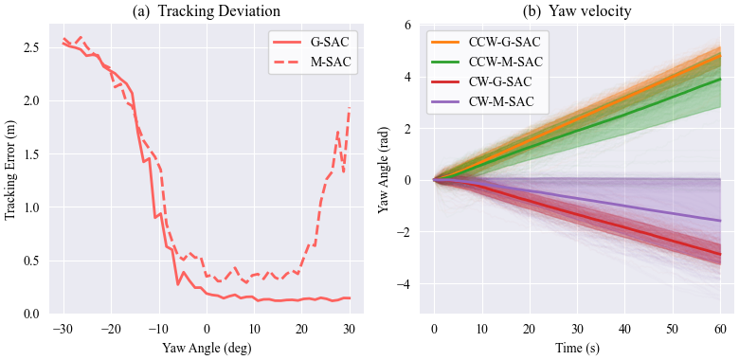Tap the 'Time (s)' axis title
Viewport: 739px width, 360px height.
click(x=576, y=347)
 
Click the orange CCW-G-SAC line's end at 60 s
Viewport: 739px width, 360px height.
click(x=720, y=53)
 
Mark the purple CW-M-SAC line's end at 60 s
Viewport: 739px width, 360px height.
click(x=720, y=221)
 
